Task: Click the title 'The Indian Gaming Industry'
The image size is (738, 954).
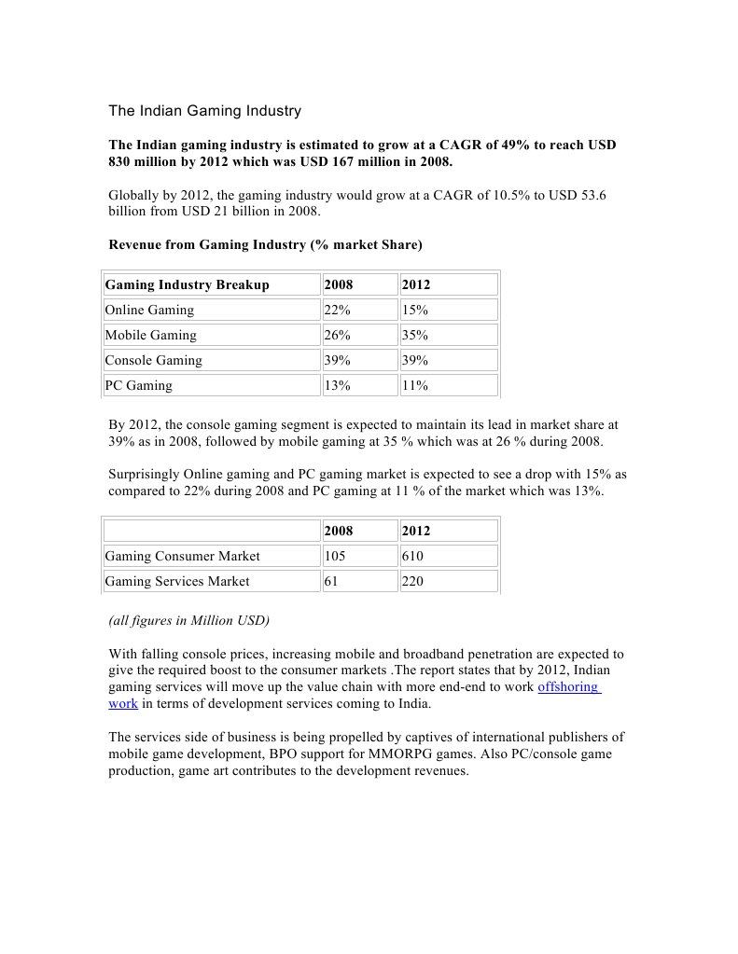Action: (204, 111)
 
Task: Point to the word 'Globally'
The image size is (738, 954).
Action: (134, 196)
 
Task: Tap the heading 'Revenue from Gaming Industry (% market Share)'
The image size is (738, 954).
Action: (265, 245)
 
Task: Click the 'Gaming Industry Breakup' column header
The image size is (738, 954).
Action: (187, 284)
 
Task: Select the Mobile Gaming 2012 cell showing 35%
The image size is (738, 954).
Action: (415, 335)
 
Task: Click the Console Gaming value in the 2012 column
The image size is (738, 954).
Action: (415, 360)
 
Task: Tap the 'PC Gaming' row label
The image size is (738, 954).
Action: (138, 385)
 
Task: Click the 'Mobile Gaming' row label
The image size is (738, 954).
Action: (150, 335)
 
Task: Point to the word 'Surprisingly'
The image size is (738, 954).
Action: (143, 475)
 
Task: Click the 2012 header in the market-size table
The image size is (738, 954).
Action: (416, 531)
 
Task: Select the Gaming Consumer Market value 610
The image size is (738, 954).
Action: (412, 556)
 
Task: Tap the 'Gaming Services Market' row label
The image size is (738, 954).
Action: (176, 581)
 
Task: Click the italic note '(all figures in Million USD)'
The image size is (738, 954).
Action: (188, 620)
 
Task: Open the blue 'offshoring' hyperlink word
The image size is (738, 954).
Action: (568, 687)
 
